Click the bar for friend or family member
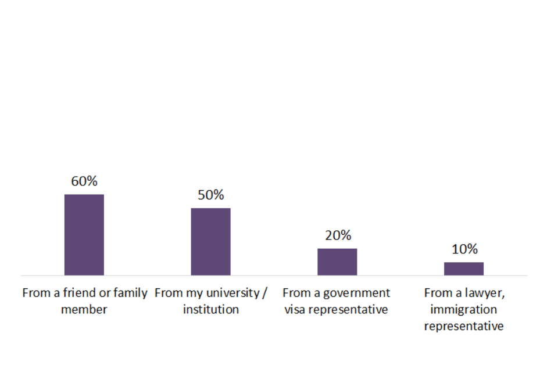tap(84, 235)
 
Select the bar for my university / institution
tap(210, 242)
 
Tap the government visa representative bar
tap(337, 262)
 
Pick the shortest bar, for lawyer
tap(464, 269)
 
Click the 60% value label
tap(84, 181)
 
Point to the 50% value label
tap(210, 195)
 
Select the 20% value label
tap(337, 235)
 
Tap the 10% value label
tap(464, 249)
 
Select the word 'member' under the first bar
tap(84, 309)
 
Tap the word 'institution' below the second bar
tap(210, 309)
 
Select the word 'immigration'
tap(464, 309)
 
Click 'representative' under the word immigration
tap(464, 326)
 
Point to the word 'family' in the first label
tap(130, 292)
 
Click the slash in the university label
tap(265, 292)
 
